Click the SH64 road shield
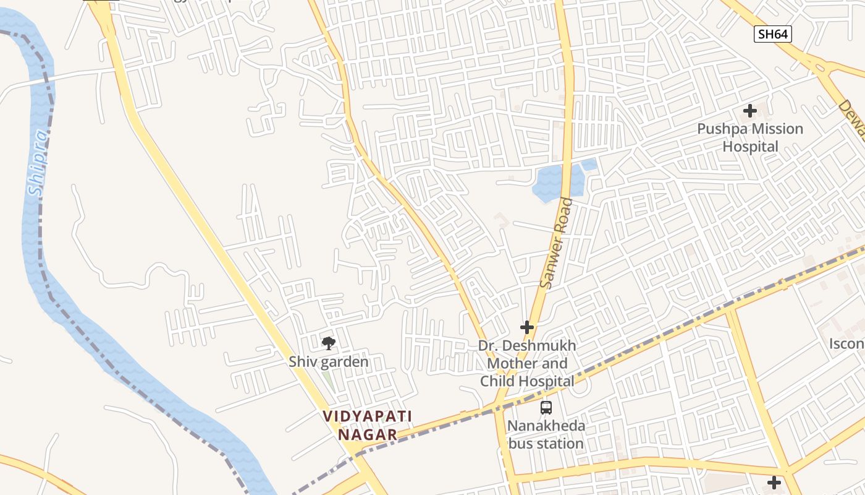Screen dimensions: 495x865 772,34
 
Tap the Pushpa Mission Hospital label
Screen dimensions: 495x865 750,137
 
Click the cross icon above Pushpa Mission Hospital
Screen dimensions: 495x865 750,111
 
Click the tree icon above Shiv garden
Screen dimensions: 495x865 328,343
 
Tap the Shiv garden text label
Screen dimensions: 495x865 328,361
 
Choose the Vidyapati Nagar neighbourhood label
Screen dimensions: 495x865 368,425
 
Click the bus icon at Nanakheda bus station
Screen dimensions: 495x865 546,407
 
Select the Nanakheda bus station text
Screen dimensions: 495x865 546,435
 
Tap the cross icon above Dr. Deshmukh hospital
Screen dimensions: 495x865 527,327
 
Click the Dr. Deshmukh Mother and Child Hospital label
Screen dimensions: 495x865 527,363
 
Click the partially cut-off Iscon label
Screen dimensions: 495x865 846,344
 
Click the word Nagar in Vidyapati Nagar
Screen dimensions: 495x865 368,434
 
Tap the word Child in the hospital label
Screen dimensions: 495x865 499,381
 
